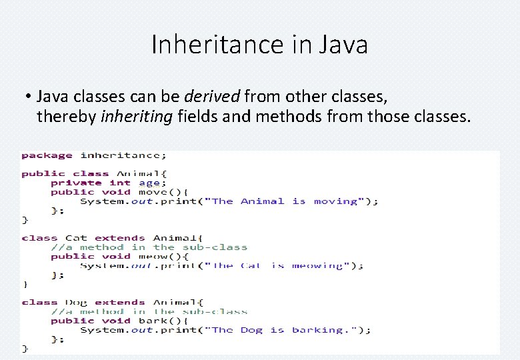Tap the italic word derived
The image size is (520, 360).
tap(215, 96)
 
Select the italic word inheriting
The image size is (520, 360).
tap(136, 117)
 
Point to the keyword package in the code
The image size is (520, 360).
tap(47, 156)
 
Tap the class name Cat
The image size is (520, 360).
tap(76, 238)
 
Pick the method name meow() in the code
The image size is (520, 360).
tap(156, 256)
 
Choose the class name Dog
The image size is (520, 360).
tap(76, 302)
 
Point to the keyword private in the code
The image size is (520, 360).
tap(76, 183)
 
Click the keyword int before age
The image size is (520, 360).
tap(120, 183)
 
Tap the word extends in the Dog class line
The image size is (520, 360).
tap(119, 302)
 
